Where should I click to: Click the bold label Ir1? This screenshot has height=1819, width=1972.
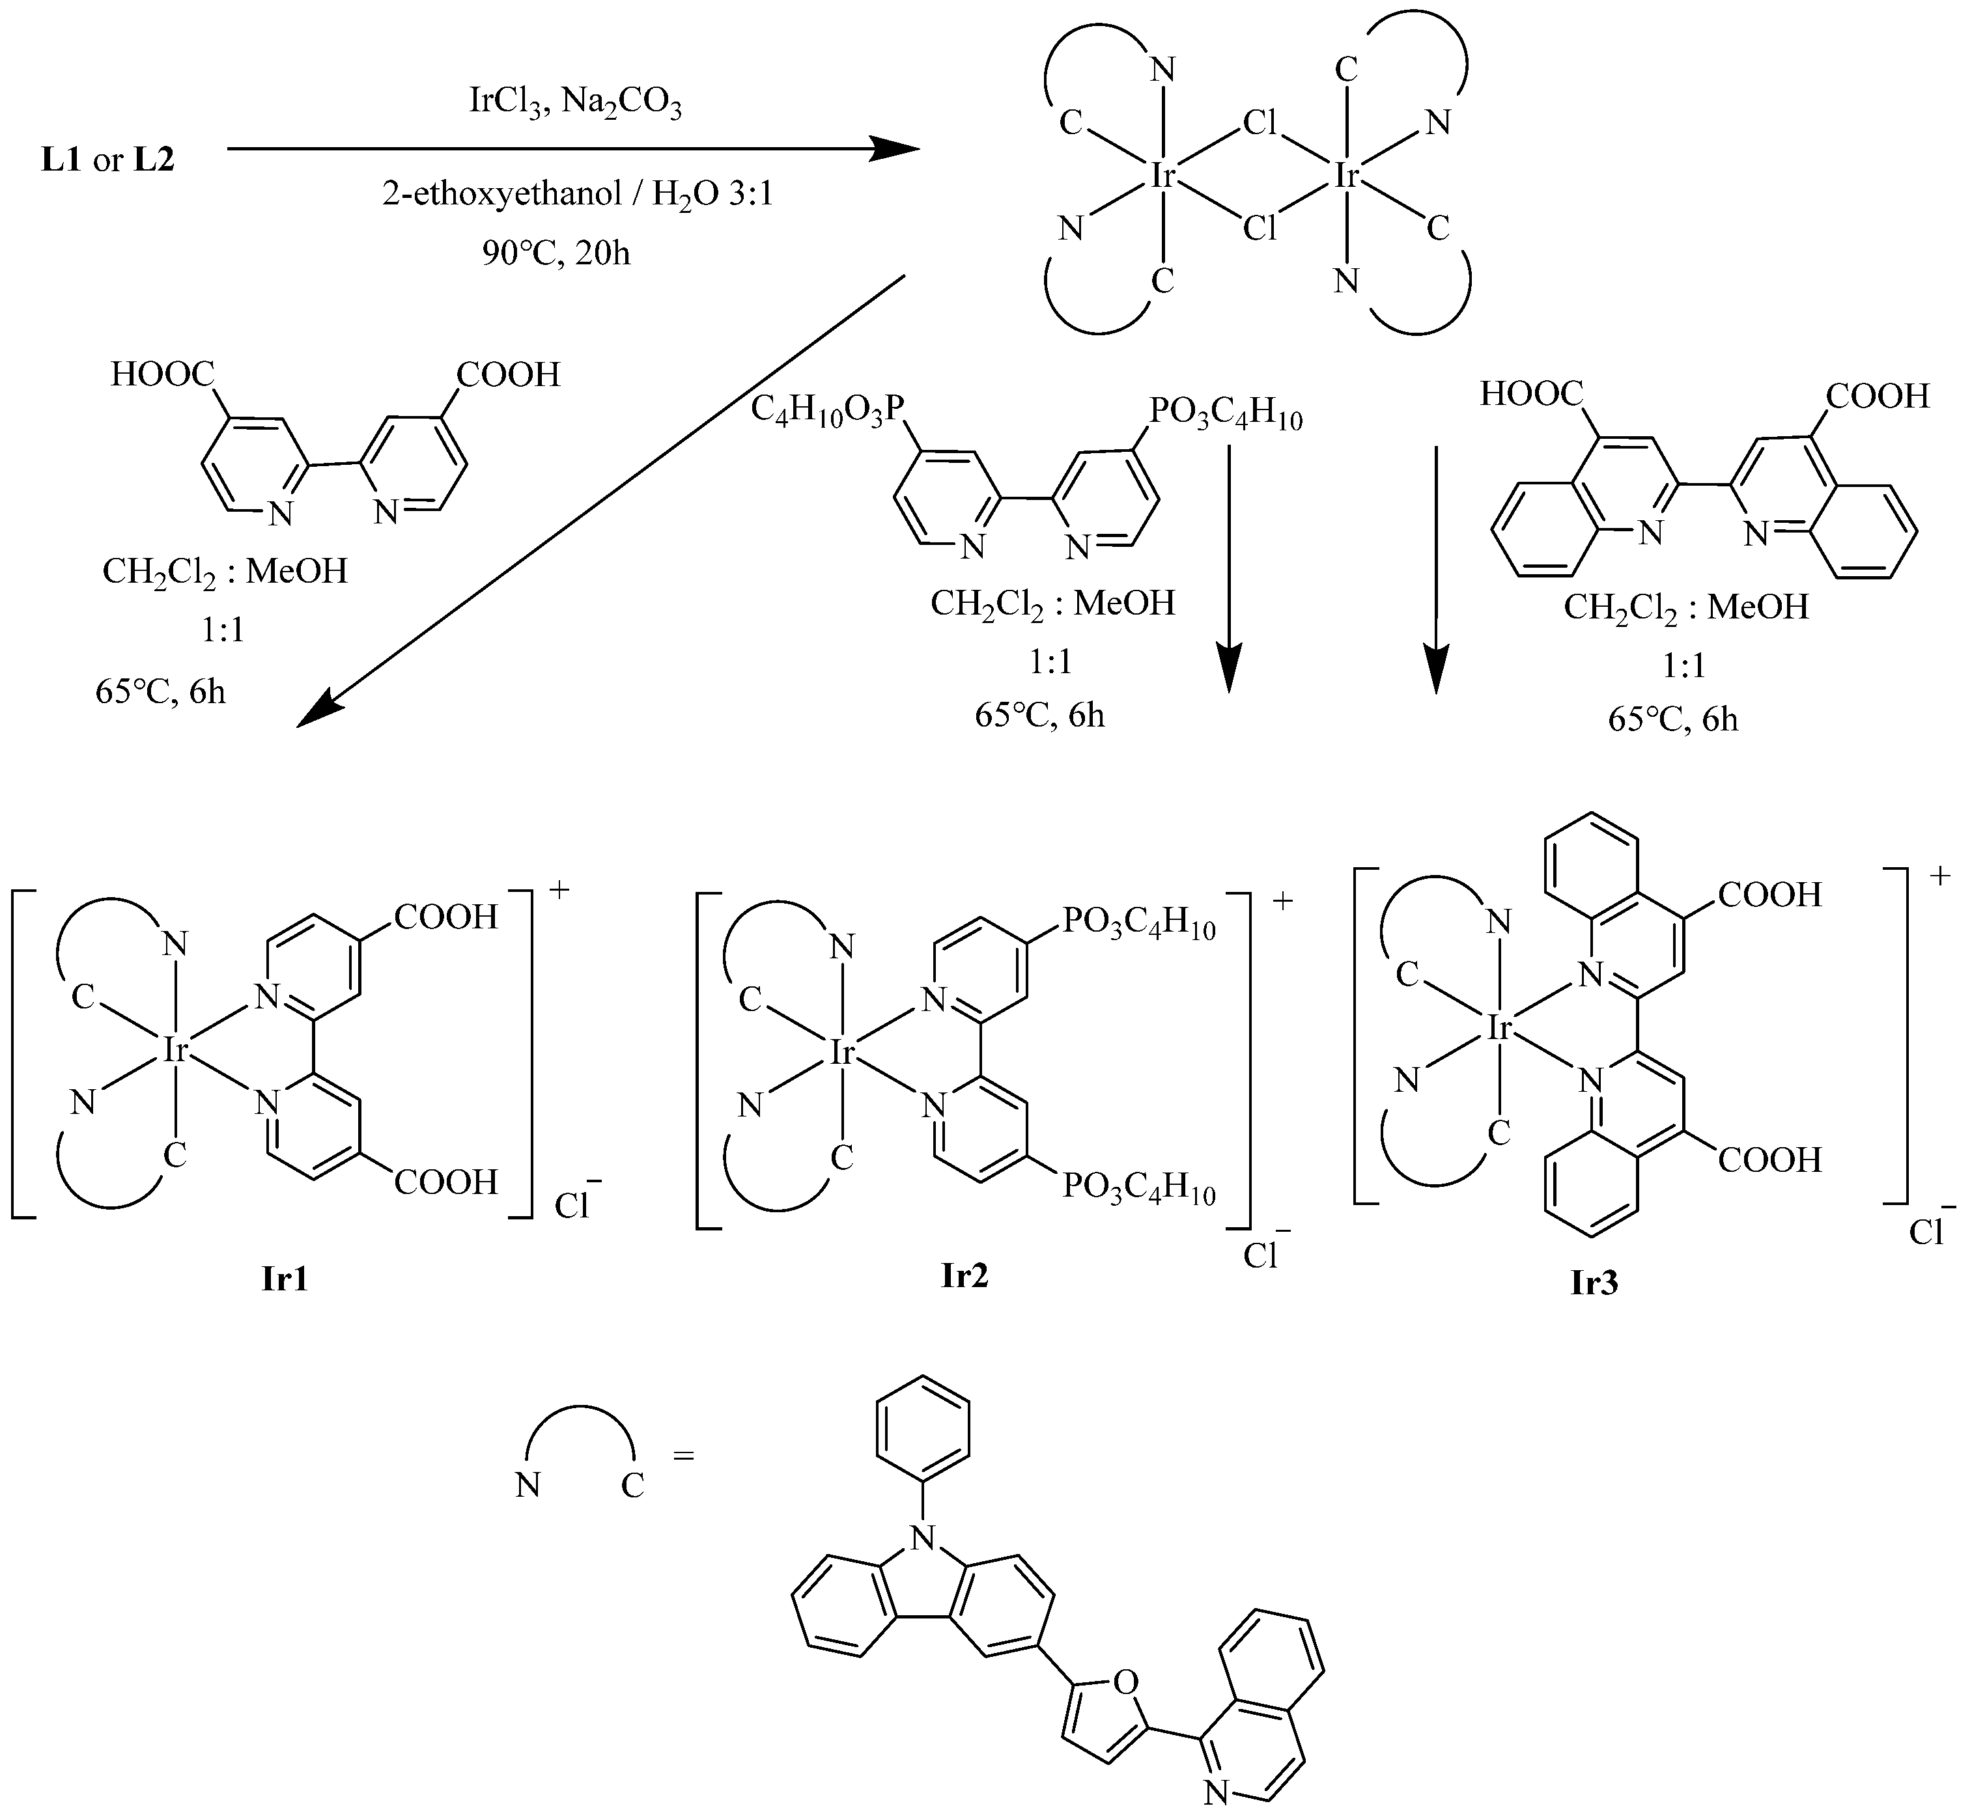(285, 1279)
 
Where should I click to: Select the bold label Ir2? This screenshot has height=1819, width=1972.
(964, 1275)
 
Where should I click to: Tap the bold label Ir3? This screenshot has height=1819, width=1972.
(1594, 1283)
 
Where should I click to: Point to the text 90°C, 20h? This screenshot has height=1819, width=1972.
(556, 253)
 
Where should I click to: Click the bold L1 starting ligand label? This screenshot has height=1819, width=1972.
(61, 160)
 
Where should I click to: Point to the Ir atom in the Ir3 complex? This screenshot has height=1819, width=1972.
(1499, 1029)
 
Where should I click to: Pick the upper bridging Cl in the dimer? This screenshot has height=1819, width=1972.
(1260, 123)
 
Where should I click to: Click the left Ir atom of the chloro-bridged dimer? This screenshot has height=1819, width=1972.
(1164, 176)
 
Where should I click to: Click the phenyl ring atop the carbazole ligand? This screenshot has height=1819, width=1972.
(922, 1426)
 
